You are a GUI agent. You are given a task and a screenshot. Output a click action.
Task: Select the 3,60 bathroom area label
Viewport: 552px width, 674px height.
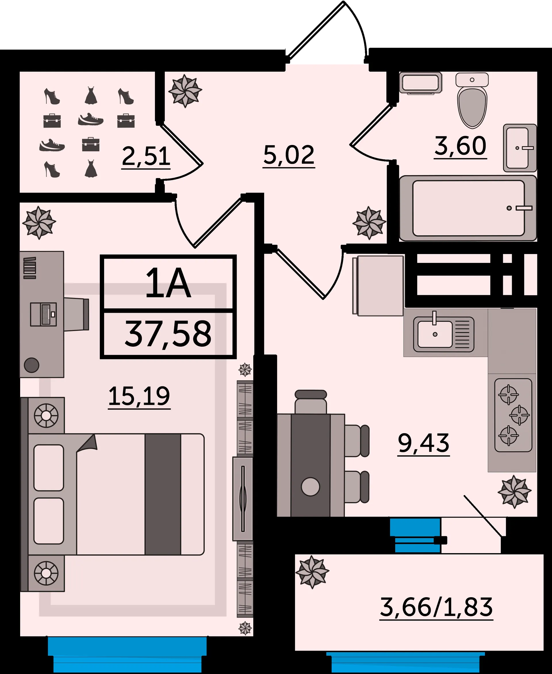click(x=460, y=146)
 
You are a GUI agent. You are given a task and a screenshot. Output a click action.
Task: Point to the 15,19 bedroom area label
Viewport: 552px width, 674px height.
click(x=139, y=396)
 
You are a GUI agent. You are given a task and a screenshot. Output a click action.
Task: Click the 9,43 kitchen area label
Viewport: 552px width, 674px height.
click(x=423, y=443)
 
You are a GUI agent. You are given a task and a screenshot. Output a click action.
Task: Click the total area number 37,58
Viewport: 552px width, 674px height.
click(x=168, y=334)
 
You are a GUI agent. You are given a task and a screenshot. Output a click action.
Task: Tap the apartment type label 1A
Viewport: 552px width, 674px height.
click(x=168, y=283)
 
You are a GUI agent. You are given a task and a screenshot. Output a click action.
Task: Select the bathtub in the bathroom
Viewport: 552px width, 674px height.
click(x=468, y=208)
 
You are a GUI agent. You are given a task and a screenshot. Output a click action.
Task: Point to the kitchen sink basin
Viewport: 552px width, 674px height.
click(x=435, y=334)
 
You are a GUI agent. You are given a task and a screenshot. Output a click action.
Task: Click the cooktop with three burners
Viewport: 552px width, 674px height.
click(x=513, y=415)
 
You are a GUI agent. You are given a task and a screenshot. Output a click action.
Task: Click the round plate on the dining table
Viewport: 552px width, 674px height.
click(x=310, y=487)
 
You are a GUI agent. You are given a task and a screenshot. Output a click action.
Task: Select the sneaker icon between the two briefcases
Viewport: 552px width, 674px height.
click(x=91, y=119)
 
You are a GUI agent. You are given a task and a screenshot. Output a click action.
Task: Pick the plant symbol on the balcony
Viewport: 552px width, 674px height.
click(x=312, y=572)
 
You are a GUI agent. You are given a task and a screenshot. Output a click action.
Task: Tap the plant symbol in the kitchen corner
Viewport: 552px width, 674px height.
click(x=514, y=492)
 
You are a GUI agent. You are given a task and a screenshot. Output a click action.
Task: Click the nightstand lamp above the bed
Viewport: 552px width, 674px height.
click(x=46, y=415)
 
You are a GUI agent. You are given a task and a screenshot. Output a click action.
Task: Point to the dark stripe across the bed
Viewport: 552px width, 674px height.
click(x=163, y=494)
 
